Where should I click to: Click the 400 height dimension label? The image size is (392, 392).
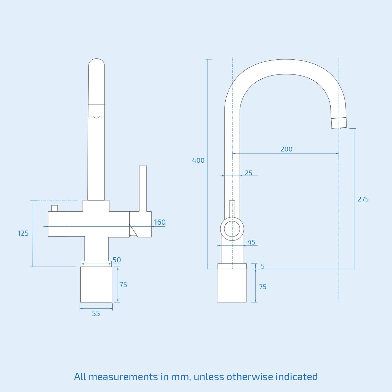(198, 160)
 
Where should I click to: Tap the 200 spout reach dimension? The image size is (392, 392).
(286, 149)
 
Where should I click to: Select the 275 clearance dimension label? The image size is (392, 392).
(363, 199)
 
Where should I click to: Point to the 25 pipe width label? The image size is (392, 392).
(249, 173)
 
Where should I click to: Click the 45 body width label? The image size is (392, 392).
(252, 242)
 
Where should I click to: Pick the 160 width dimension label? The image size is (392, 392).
(160, 222)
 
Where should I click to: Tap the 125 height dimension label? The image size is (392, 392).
(23, 233)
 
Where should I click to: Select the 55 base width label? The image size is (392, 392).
(96, 314)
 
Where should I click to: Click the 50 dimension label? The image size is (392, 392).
(117, 260)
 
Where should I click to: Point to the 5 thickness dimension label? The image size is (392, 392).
(263, 266)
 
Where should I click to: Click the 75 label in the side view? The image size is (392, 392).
(263, 287)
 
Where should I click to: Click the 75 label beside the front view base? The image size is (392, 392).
(123, 285)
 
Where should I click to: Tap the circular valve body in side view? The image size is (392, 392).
(232, 228)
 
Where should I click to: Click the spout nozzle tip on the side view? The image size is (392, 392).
(339, 123)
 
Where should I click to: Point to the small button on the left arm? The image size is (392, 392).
(54, 208)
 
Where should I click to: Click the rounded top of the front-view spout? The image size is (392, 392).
(96, 64)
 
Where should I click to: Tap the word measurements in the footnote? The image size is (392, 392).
(123, 377)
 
